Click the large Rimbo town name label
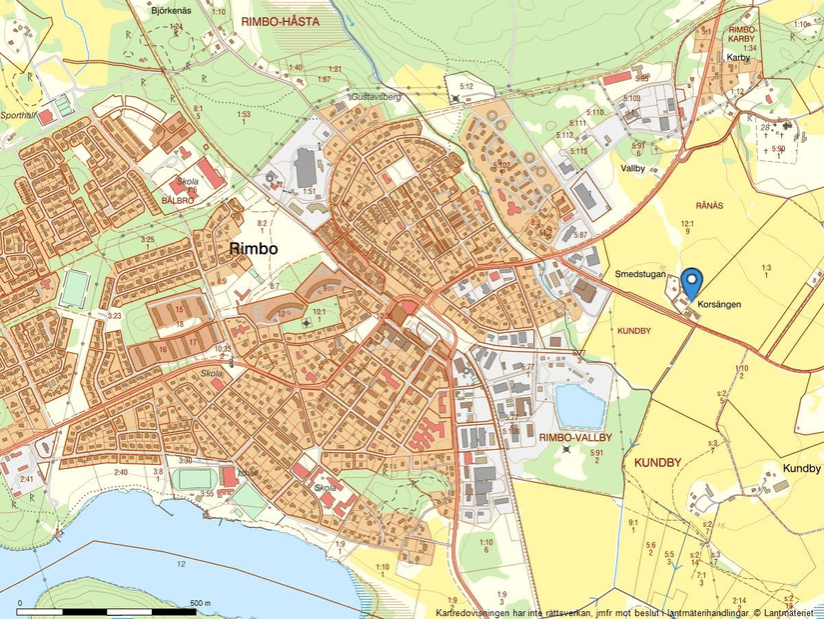point(255,248)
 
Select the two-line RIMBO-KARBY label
point(742,35)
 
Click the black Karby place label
point(738,58)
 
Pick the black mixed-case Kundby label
point(801,468)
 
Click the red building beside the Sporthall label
point(46,117)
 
